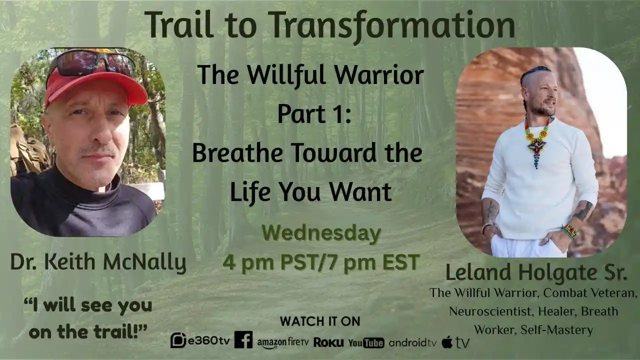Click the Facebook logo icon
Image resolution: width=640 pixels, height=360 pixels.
243,340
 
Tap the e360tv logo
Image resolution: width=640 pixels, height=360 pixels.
200,340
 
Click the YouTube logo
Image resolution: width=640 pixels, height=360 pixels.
366,342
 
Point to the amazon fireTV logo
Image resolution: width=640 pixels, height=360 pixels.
283,342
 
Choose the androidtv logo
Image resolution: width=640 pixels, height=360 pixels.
412,342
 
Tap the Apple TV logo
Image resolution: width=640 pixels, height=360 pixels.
455,342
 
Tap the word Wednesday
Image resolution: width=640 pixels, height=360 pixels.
320,234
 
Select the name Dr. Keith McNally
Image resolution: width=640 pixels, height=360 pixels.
98,262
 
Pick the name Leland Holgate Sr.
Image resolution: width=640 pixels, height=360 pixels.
536,272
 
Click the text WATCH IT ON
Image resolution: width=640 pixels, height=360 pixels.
320,321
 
